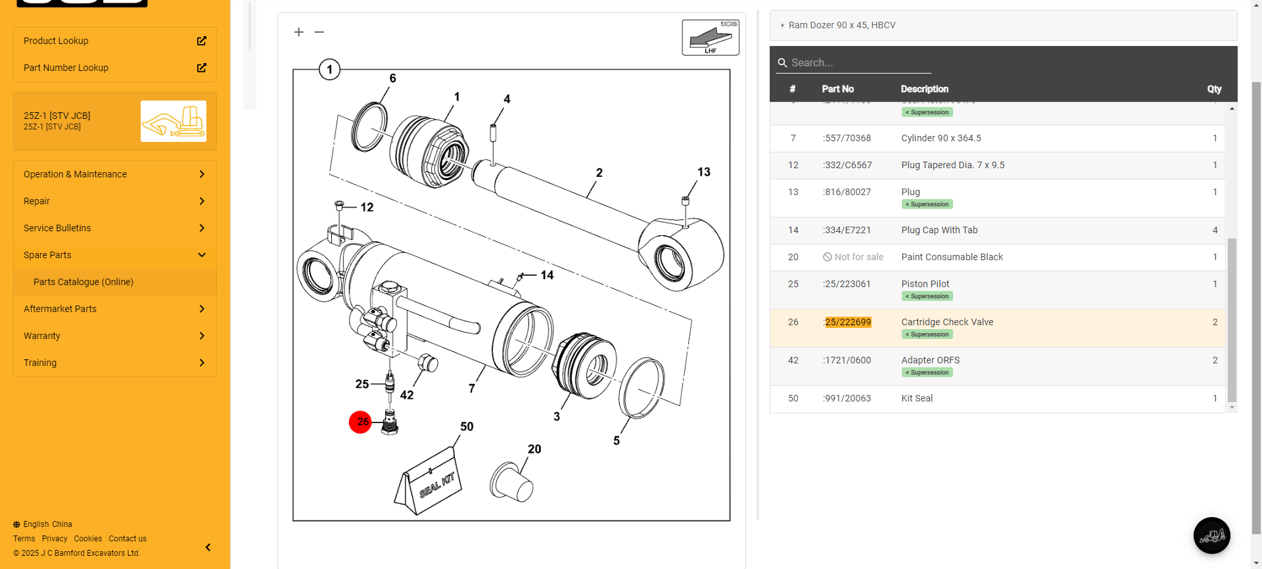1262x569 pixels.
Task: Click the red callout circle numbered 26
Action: (360, 422)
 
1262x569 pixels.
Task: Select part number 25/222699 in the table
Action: (848, 322)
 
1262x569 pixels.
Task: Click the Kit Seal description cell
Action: (917, 398)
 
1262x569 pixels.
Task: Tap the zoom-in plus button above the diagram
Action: (298, 32)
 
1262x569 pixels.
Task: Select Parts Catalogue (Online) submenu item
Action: (83, 282)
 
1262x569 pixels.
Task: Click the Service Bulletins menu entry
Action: (57, 228)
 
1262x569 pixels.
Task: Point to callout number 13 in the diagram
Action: (703, 172)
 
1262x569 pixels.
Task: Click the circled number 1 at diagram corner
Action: (329, 70)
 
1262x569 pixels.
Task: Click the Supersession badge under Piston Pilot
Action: (927, 296)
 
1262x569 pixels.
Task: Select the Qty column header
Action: (1213, 89)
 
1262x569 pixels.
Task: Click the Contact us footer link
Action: (128, 539)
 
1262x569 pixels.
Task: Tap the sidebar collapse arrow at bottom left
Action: (208, 547)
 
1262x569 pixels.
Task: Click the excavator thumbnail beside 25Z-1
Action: (174, 121)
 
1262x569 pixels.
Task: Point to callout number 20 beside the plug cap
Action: (534, 449)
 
